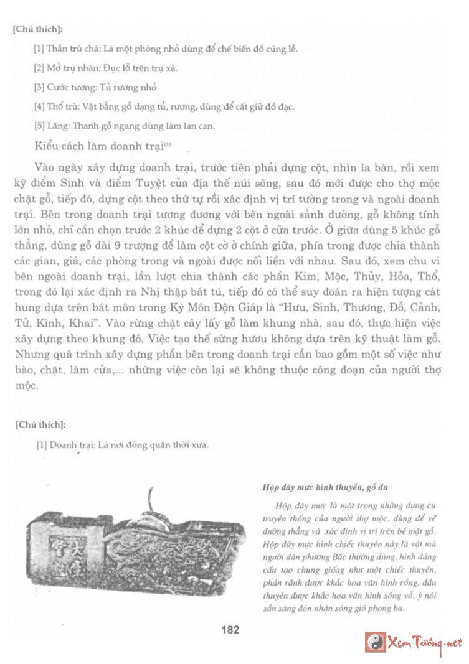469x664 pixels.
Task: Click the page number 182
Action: (230, 629)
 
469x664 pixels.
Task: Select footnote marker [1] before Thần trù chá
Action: (39, 48)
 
